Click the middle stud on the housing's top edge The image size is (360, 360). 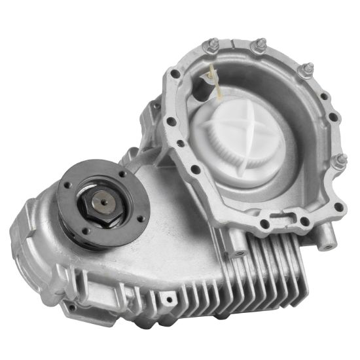pos(259,45)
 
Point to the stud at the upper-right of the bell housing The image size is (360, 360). pos(306,69)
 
